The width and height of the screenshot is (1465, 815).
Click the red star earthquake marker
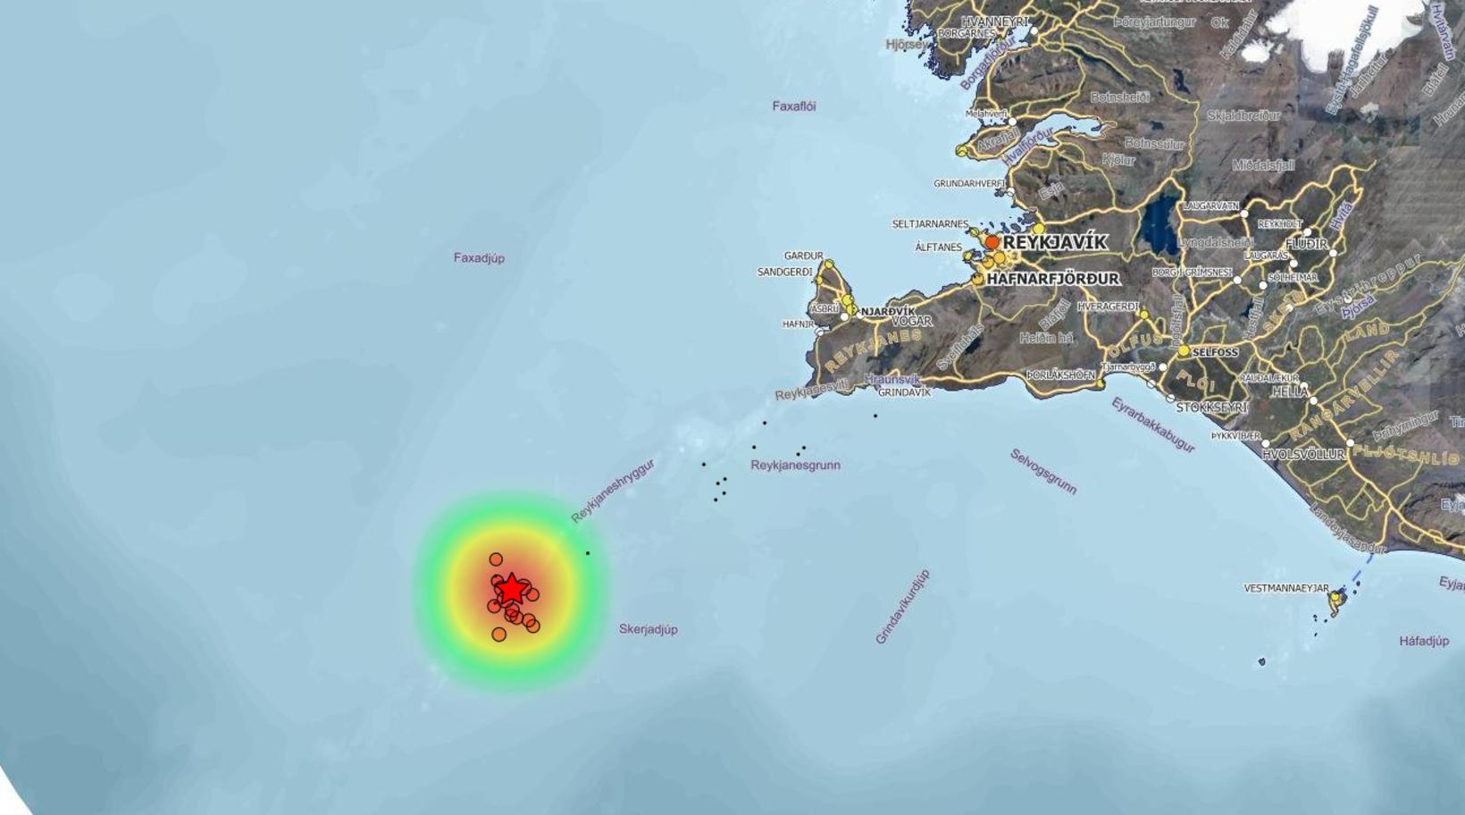(510, 590)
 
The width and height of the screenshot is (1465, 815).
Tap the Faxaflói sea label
(793, 106)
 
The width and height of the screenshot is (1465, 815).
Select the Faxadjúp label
(479, 258)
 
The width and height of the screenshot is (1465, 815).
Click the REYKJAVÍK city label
(1055, 242)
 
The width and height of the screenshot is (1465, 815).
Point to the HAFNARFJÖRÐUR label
(1052, 279)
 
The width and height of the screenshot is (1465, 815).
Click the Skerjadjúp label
(648, 629)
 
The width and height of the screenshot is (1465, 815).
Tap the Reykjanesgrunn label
(795, 466)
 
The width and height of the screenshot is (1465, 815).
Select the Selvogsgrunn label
(1043, 471)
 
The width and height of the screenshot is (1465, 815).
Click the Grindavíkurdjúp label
(902, 607)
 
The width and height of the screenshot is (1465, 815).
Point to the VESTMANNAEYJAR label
(1285, 588)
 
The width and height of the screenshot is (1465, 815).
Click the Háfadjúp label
(1424, 641)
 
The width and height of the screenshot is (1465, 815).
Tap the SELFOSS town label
(1215, 353)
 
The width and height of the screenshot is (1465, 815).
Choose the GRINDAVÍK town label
(904, 392)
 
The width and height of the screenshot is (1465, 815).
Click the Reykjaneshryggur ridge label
(613, 491)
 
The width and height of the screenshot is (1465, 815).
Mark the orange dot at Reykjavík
(992, 242)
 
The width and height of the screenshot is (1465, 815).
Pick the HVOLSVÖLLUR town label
(1302, 454)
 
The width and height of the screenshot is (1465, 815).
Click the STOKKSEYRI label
(1211, 407)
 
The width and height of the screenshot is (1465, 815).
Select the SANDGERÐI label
(784, 272)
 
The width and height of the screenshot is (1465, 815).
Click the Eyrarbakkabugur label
(1152, 424)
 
